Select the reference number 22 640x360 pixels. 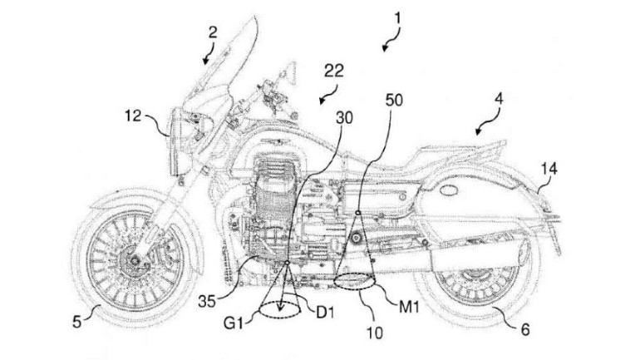coord(335,72)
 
